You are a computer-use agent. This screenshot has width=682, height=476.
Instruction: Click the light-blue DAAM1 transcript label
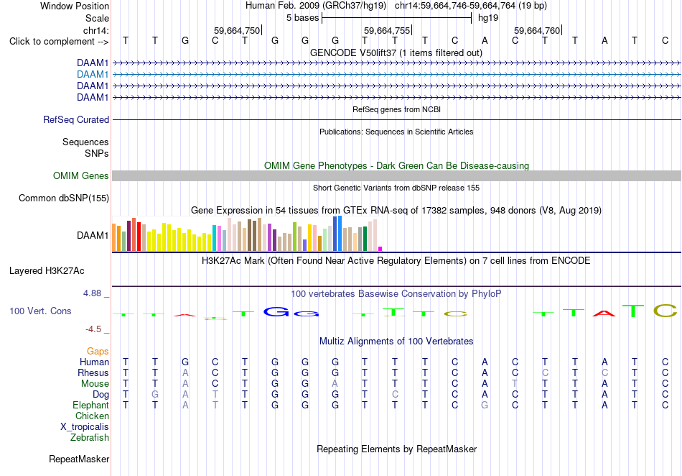(93, 75)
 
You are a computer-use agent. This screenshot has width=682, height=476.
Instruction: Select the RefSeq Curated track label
(76, 120)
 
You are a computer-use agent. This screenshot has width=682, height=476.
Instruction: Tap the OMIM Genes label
(81, 176)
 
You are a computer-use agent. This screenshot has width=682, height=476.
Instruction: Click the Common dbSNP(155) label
(64, 198)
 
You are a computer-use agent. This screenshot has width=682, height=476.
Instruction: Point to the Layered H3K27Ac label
(47, 271)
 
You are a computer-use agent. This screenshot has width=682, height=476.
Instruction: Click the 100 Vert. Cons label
(40, 311)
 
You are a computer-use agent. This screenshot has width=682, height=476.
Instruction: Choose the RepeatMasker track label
(79, 459)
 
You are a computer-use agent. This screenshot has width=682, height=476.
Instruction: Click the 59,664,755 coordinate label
(387, 30)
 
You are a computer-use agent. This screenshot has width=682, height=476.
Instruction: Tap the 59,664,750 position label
(237, 30)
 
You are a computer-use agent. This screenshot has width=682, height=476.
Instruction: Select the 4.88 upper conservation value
(92, 293)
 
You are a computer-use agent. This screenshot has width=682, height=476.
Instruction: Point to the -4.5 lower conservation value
(93, 329)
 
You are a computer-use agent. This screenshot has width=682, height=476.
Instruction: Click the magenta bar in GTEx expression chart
(380, 249)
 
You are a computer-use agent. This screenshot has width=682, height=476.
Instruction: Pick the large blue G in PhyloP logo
(276, 311)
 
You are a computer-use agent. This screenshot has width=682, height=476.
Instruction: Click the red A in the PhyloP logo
(604, 313)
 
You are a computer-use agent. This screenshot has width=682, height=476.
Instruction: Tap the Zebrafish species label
(90, 437)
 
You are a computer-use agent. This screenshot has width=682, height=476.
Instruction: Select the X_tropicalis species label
(85, 427)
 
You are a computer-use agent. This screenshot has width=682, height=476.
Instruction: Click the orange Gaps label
(98, 351)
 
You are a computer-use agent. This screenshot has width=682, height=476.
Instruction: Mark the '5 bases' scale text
(303, 18)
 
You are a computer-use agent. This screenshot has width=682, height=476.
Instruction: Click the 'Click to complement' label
(59, 42)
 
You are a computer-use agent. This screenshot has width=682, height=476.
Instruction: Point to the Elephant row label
(90, 405)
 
